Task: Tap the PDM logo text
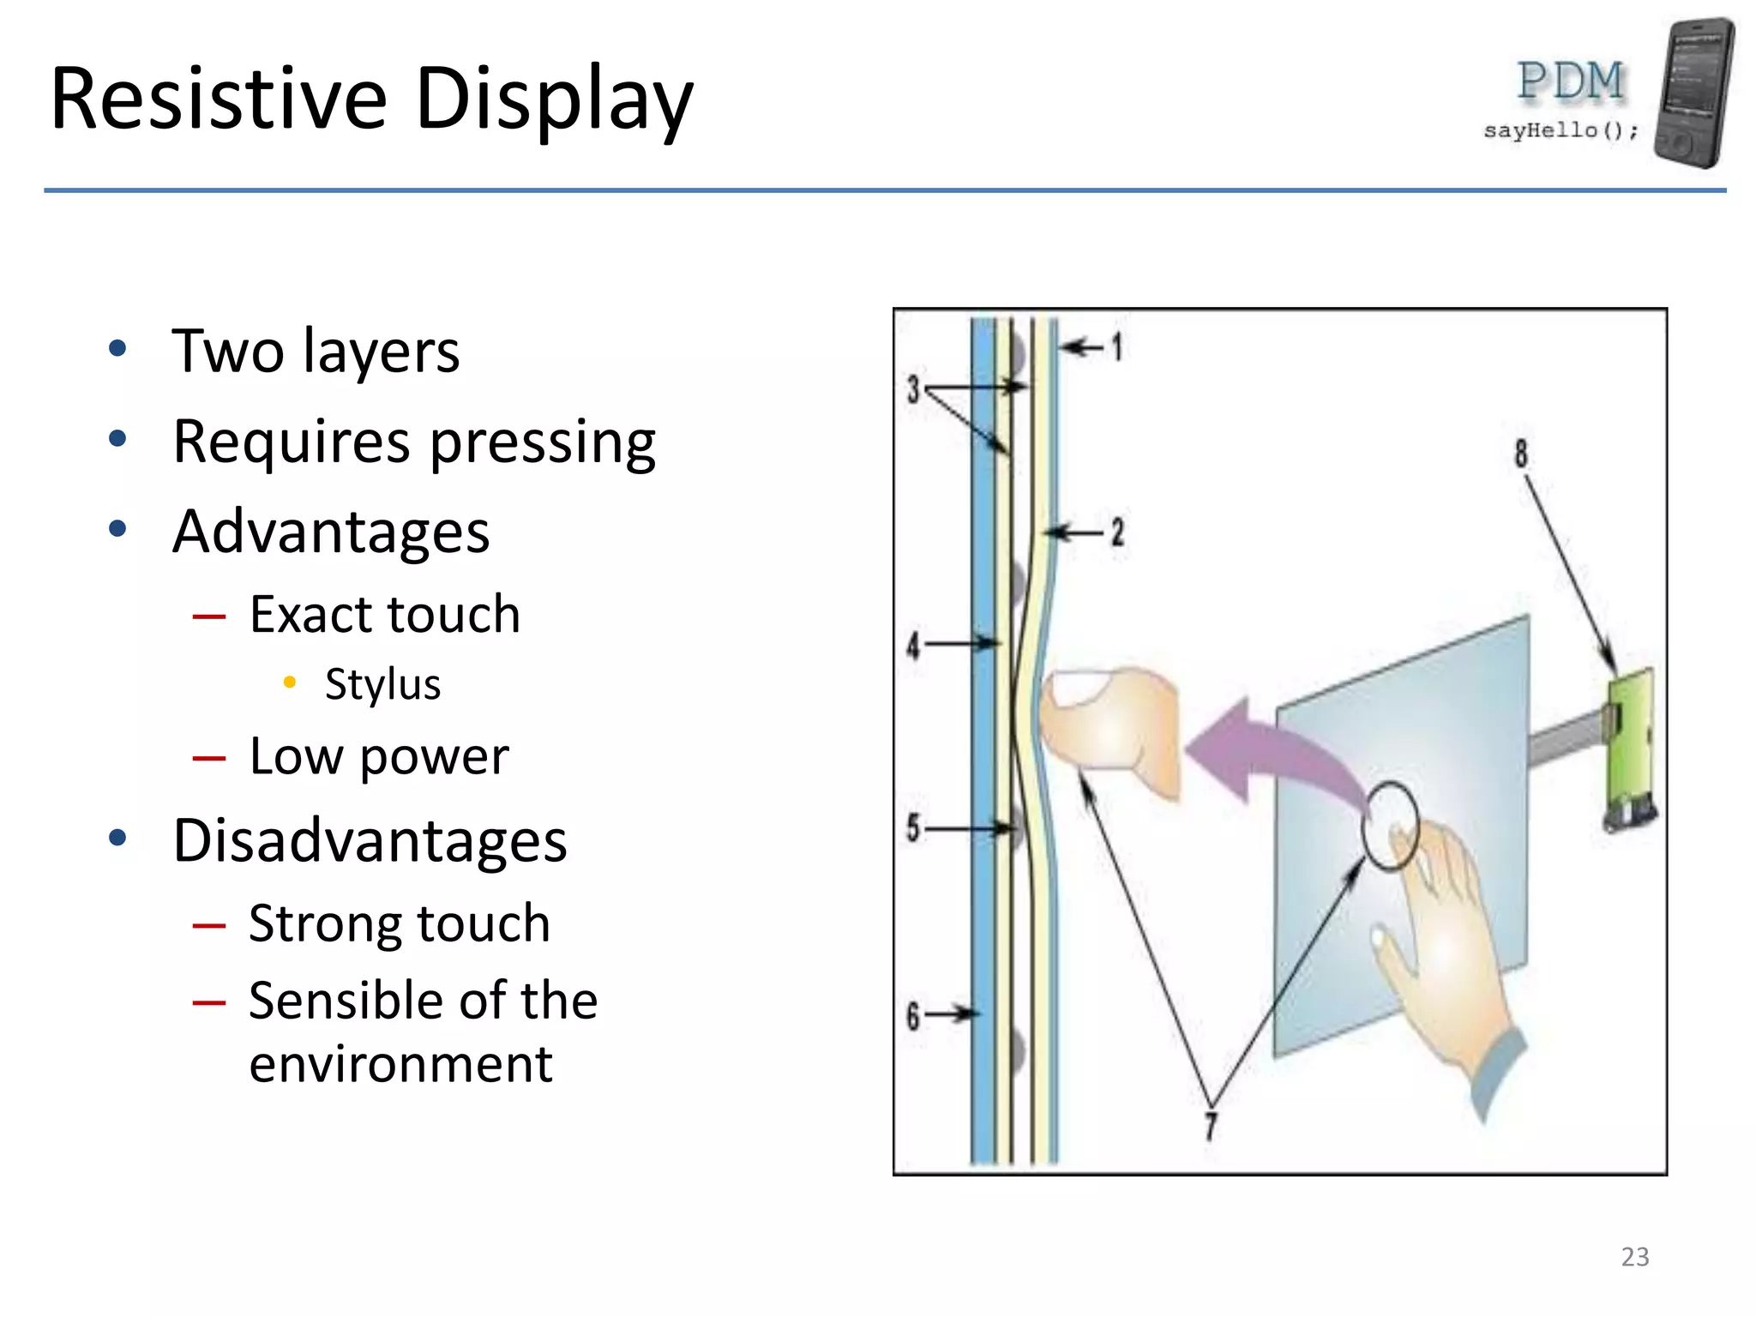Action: click(x=1570, y=81)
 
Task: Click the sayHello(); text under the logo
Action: click(x=1560, y=130)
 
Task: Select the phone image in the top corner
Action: click(x=1693, y=93)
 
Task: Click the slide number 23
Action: click(x=1634, y=1256)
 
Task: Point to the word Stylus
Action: click(x=382, y=684)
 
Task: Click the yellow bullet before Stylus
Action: click(x=290, y=683)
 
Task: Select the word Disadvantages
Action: click(x=370, y=840)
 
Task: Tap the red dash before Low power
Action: click(x=209, y=758)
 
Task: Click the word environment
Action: click(x=400, y=1064)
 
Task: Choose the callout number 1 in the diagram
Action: click(x=1116, y=346)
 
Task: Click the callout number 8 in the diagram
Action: click(x=1520, y=453)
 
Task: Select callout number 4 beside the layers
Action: click(x=914, y=645)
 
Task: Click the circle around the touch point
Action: click(x=1390, y=825)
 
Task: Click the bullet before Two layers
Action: click(x=117, y=349)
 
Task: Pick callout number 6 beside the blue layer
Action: click(x=913, y=1016)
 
